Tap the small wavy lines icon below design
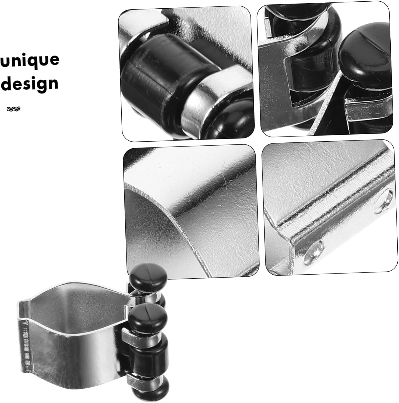click(x=14, y=109)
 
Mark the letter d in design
click(x=8, y=83)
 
